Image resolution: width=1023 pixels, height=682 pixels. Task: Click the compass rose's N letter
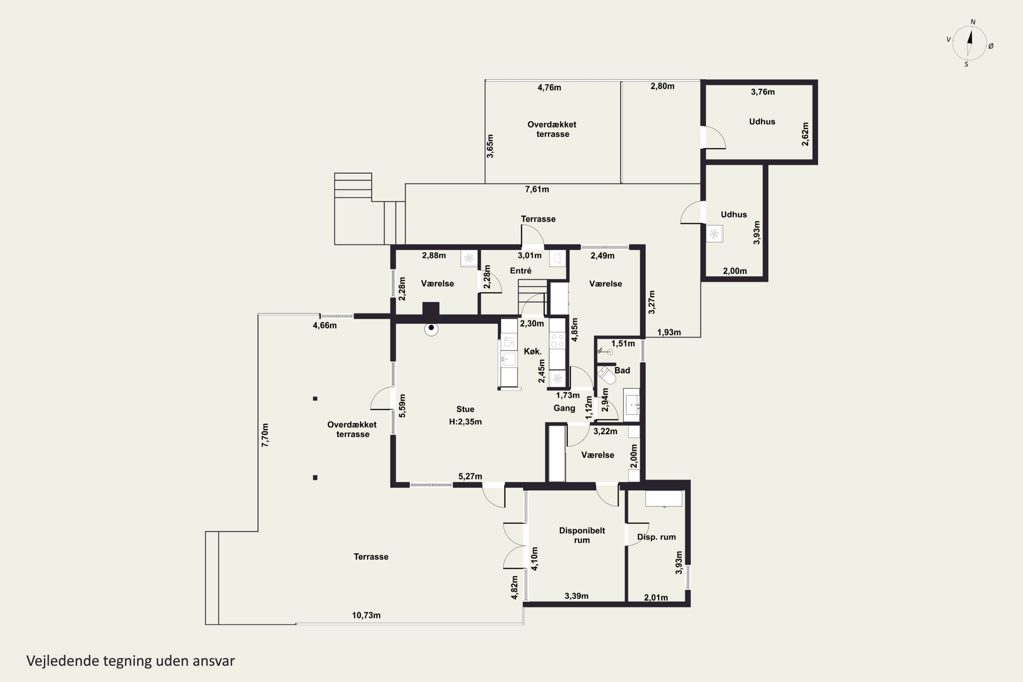tap(973, 22)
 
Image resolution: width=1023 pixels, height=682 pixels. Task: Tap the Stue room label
tap(465, 409)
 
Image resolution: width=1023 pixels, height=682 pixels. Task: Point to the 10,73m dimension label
tap(366, 616)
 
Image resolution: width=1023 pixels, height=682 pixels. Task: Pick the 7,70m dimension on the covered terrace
tap(265, 435)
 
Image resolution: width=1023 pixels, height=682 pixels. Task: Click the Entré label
tap(521, 270)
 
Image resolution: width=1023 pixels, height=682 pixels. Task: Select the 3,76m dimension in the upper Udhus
tap(762, 92)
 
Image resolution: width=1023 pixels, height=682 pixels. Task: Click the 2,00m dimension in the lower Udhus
tap(735, 271)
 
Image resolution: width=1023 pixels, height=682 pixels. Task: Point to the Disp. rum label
tap(656, 537)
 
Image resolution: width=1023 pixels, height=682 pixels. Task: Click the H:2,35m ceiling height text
tap(465, 421)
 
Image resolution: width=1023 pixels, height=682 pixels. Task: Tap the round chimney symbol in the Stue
tap(431, 328)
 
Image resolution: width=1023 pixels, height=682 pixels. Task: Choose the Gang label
tap(564, 408)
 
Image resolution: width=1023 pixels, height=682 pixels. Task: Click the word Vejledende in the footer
tap(63, 661)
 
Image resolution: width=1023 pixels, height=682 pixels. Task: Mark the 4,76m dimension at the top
tap(549, 87)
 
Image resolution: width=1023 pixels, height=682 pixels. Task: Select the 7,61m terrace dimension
tap(537, 189)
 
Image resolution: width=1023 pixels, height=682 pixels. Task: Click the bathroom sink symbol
tap(632, 405)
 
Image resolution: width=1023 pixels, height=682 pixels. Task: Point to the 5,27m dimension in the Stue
tap(470, 476)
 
